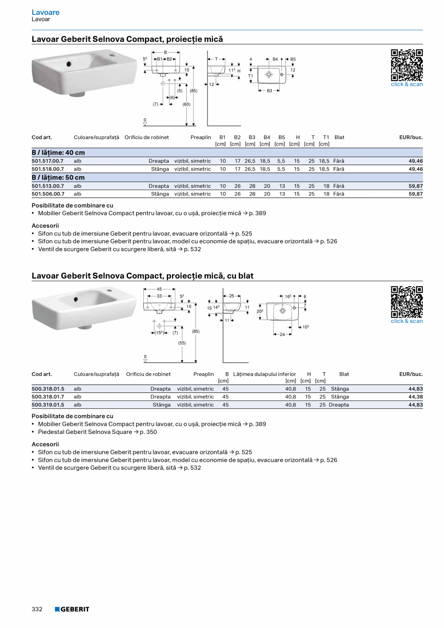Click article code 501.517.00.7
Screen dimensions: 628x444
pos(47,161)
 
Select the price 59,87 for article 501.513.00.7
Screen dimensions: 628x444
pos(415,186)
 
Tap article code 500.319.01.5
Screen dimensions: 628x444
pos(47,405)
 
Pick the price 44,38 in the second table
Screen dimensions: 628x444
pos(415,397)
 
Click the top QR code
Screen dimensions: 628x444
pos(406,65)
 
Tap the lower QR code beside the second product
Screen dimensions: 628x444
pos(406,302)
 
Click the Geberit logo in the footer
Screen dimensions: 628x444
pos(72,609)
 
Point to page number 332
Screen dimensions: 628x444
pos(37,609)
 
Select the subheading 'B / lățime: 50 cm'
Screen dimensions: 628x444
pos(58,178)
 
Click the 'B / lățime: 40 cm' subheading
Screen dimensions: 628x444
pos(58,153)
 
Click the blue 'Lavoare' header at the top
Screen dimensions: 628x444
pos(45,12)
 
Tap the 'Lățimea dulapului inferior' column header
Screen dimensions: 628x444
pos(264,374)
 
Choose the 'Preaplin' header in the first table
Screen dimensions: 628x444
pos(201,138)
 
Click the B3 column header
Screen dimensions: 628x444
pos(252,138)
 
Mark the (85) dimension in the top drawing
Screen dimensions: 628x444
pos(194,91)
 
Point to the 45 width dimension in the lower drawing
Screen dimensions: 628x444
pos(159,289)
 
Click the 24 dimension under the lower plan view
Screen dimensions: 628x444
pos(282,335)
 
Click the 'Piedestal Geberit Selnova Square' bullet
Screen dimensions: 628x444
pos(97,432)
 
